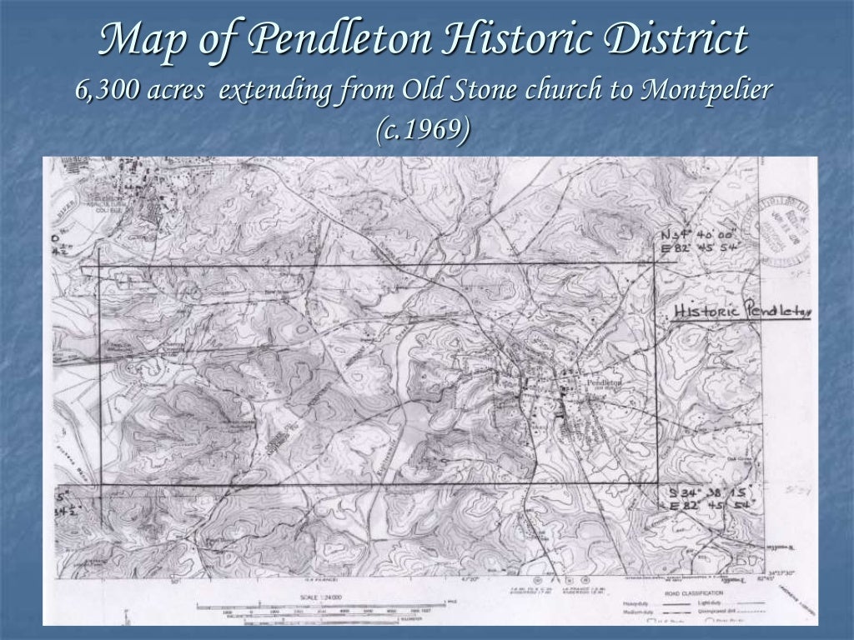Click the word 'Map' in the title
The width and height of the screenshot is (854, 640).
pos(138,41)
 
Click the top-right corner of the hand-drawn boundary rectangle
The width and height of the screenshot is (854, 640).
pos(656,263)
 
